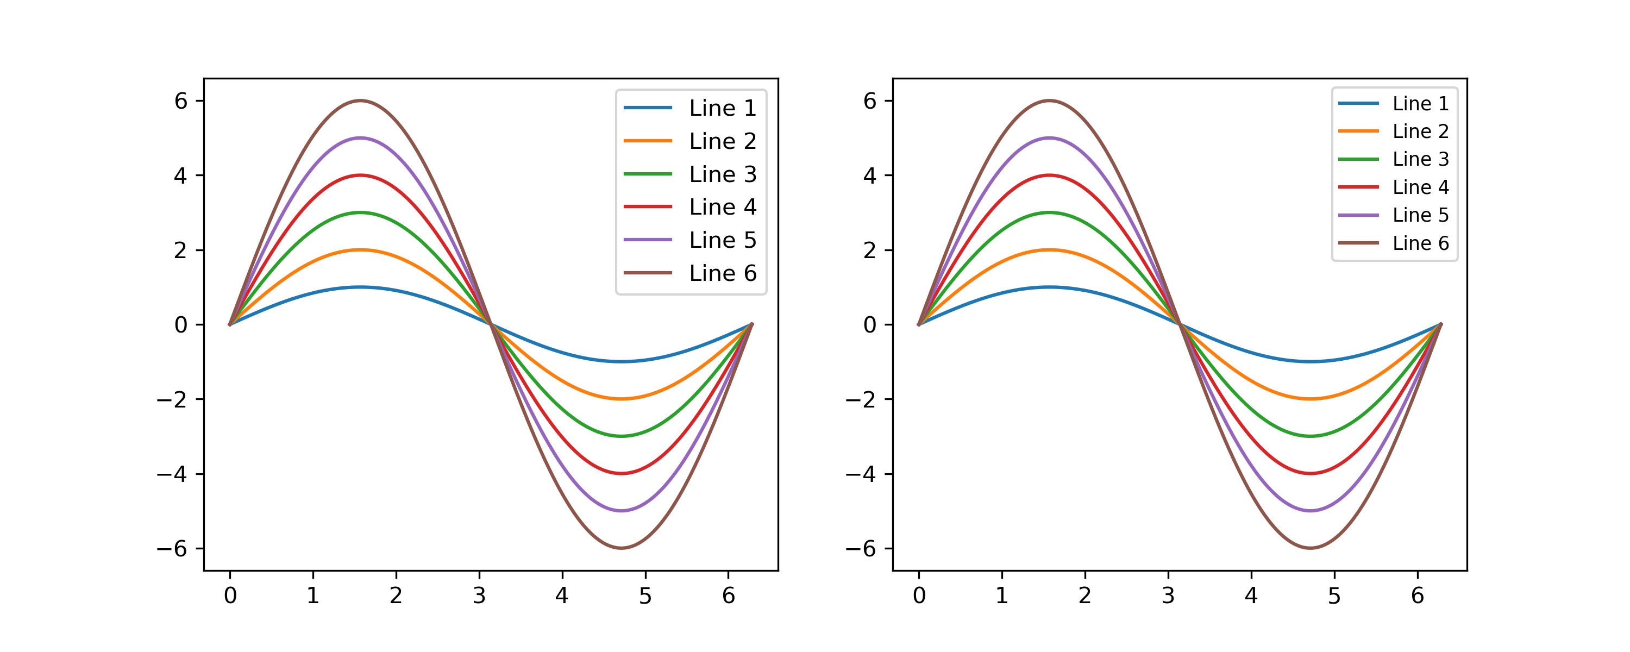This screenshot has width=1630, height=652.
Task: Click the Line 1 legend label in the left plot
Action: [x=723, y=108]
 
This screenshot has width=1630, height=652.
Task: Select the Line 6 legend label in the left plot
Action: [x=723, y=273]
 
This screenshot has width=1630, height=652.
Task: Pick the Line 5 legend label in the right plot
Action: [x=1421, y=215]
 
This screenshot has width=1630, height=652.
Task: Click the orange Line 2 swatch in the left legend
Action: [x=647, y=141]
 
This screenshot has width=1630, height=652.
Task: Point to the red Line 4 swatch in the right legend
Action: [x=1358, y=187]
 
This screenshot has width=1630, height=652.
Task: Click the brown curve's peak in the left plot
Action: [x=360, y=101]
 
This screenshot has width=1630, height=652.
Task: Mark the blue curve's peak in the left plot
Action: [x=360, y=287]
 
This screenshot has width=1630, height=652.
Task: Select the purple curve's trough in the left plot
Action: [x=622, y=511]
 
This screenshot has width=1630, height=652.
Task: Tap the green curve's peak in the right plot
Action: [x=1049, y=212]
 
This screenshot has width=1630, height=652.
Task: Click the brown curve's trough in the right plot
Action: [x=1311, y=548]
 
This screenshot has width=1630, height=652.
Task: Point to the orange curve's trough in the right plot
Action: [x=1311, y=399]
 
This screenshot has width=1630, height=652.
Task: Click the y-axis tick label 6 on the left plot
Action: [x=181, y=101]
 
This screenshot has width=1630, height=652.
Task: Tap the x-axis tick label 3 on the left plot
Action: [x=479, y=595]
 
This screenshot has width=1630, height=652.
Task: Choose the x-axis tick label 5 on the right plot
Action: [x=1334, y=595]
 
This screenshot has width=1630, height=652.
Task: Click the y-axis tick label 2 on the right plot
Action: [x=870, y=250]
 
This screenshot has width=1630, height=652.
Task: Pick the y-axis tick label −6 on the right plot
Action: [x=861, y=549]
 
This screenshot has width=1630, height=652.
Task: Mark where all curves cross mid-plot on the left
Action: [x=491, y=324]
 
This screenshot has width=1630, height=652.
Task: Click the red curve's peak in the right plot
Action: [x=1049, y=175]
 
